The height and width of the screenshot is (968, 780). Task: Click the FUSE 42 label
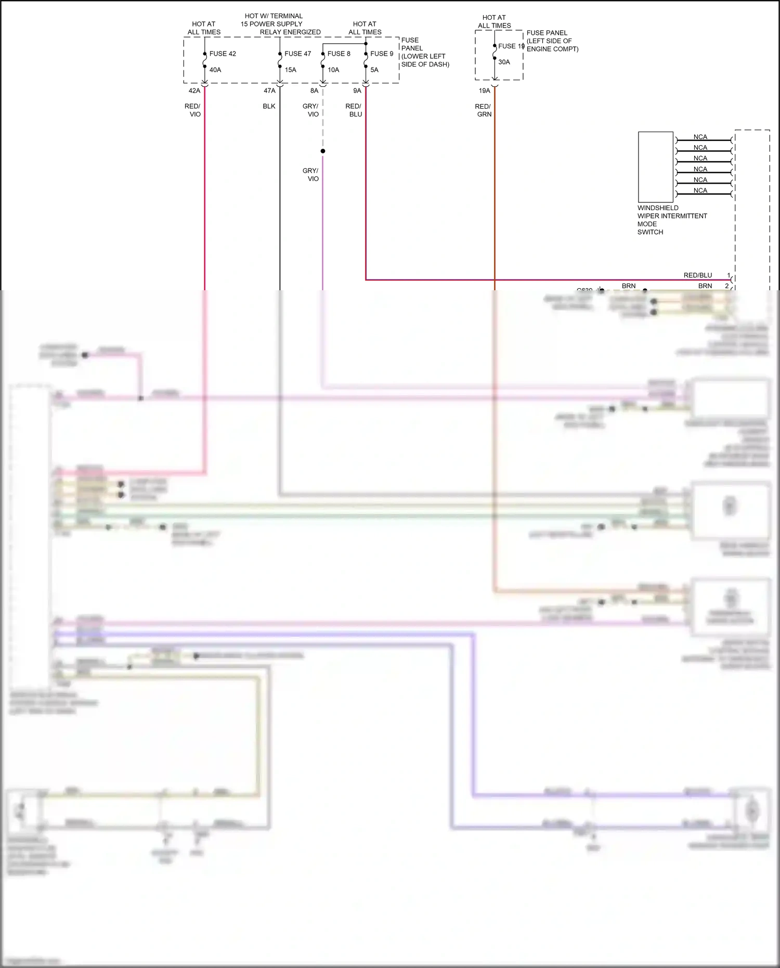223,54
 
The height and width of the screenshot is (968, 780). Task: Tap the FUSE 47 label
297,54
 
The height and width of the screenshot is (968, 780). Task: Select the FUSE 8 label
339,54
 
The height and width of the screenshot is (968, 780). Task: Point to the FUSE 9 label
382,54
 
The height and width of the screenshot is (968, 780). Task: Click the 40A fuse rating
215,70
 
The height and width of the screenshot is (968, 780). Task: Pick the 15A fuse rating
290,70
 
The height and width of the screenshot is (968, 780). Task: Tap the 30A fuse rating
504,62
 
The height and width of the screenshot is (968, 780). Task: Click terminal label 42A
194,91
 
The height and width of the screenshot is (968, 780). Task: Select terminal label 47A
269,91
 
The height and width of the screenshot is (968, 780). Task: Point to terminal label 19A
484,91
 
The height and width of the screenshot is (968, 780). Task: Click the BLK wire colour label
269,106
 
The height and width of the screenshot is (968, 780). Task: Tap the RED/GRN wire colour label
483,110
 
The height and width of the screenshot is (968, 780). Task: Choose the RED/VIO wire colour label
193,110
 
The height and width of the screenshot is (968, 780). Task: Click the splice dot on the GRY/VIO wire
323,151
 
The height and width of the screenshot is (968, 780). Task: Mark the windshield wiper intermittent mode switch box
655,166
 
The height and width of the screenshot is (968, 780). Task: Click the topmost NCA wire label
700,137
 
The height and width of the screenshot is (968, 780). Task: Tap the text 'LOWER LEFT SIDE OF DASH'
424,60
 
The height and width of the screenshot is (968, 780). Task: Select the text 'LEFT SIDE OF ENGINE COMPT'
552,45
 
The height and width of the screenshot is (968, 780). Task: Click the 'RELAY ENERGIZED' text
290,32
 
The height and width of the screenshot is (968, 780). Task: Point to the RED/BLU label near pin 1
697,275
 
